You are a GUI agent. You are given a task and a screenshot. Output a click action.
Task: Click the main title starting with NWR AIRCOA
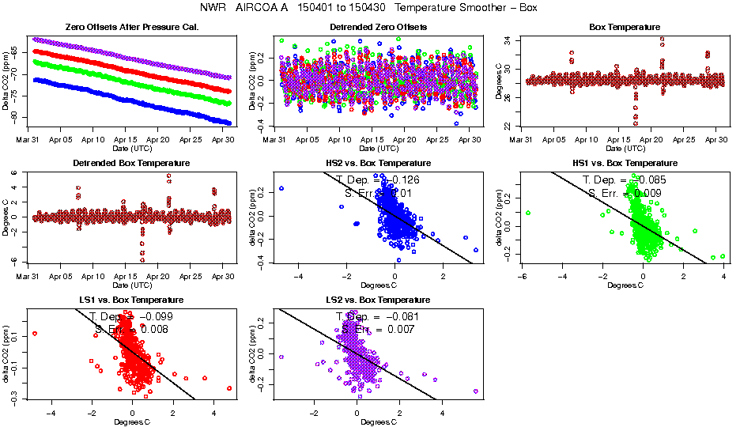[370, 8]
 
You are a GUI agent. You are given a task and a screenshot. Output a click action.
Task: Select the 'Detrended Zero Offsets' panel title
[378, 28]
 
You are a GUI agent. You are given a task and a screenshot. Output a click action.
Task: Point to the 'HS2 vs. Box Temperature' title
[378, 164]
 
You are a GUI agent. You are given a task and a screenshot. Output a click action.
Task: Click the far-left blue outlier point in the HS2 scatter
[281, 188]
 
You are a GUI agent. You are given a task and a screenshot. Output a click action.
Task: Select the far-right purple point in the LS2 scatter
[476, 391]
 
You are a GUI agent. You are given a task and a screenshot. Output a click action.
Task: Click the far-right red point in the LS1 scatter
[229, 388]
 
